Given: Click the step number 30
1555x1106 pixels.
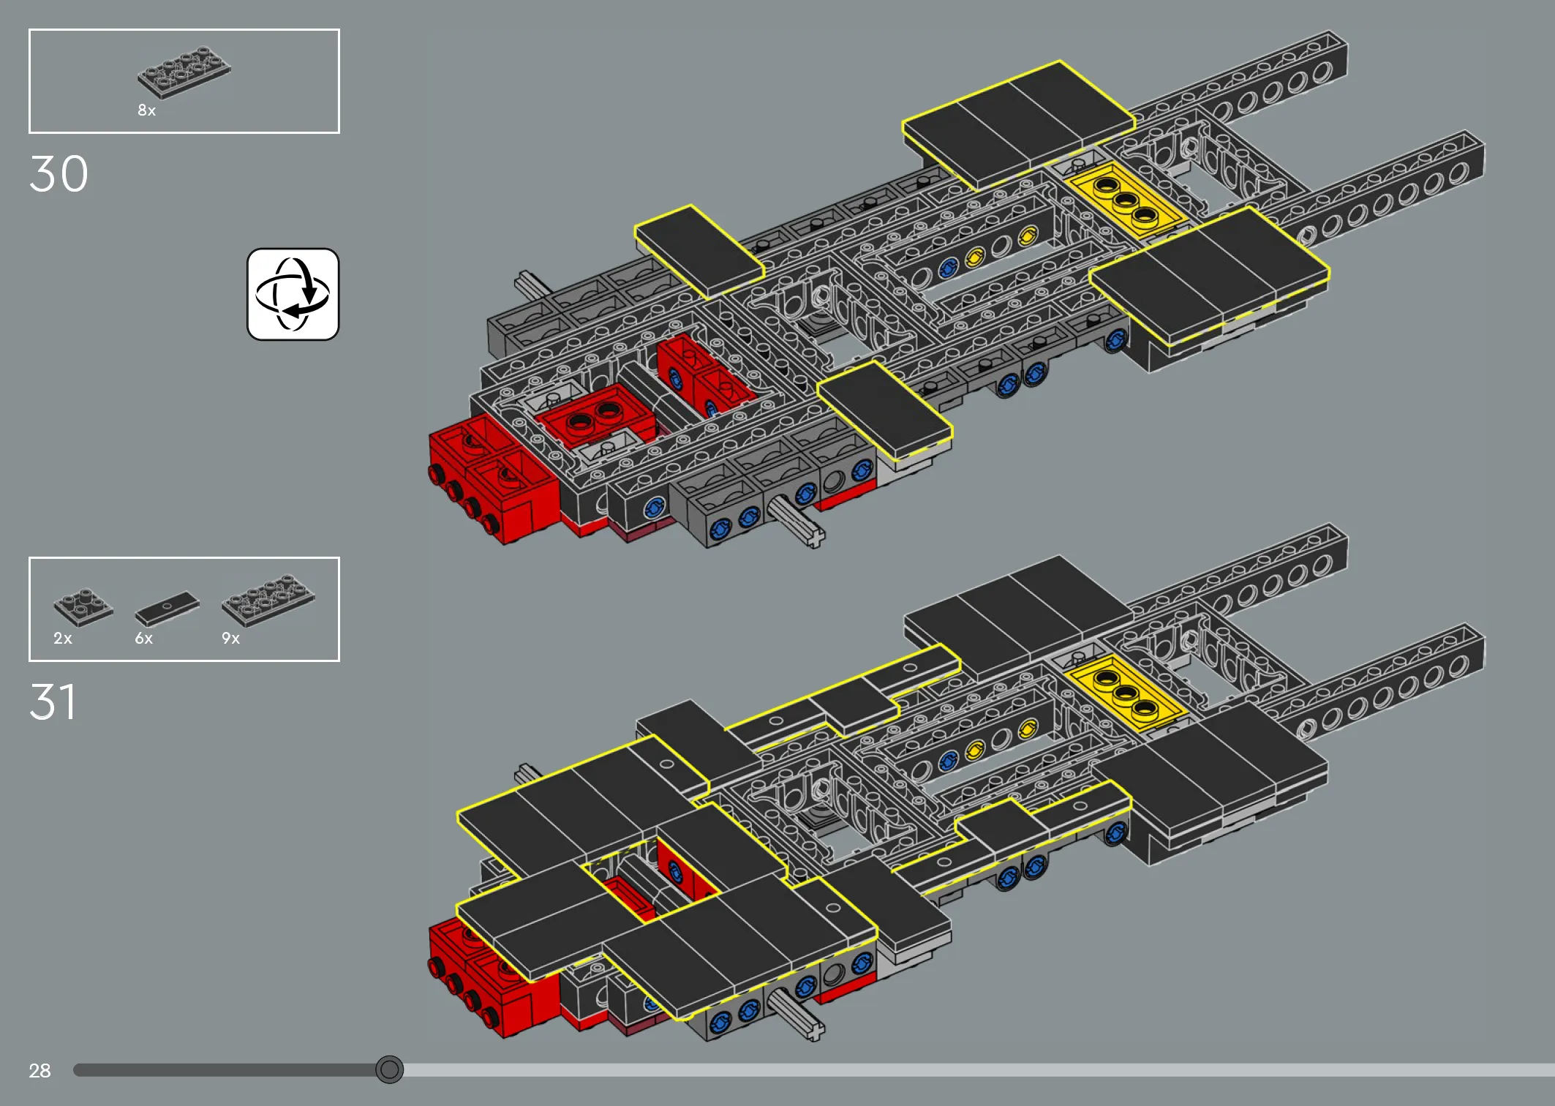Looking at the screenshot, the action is coord(59,174).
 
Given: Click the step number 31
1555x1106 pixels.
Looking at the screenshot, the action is coord(53,702).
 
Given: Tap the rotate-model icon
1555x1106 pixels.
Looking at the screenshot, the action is coord(293,294).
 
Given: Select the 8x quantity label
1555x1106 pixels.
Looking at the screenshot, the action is coord(146,110).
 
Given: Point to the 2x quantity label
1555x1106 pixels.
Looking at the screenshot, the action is coord(63,639).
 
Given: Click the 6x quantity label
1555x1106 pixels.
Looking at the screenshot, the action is coord(144,639).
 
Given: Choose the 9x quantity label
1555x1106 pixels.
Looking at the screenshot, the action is coord(231,639).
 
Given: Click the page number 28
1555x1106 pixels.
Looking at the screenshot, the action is coord(39,1071).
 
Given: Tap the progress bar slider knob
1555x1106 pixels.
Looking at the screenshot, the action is coord(389,1070).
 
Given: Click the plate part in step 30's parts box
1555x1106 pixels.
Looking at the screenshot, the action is coord(184,72).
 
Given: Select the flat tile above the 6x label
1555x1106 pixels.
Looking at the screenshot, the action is coord(167,609).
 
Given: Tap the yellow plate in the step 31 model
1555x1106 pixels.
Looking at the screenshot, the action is coord(1125,692).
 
